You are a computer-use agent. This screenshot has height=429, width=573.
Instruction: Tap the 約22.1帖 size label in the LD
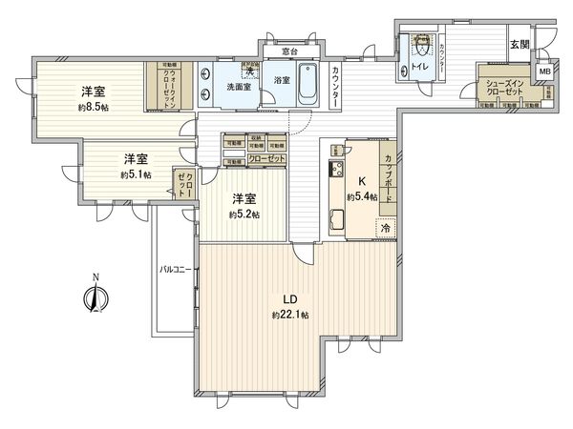tap(289, 314)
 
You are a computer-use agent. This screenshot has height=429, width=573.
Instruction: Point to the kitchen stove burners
tap(336, 171)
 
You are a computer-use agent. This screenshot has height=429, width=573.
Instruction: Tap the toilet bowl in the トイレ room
tap(418, 45)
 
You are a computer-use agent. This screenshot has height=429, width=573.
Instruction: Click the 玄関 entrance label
tap(519, 45)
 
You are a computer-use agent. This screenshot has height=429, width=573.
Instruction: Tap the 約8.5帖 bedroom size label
tap(92, 109)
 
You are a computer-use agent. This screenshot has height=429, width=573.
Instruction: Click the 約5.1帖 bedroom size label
tap(135, 174)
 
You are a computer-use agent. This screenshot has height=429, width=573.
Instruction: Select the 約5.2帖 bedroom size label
tap(244, 214)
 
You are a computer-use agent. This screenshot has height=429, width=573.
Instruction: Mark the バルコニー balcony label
tap(175, 272)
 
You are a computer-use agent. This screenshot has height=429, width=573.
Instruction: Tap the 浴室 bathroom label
tap(282, 81)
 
